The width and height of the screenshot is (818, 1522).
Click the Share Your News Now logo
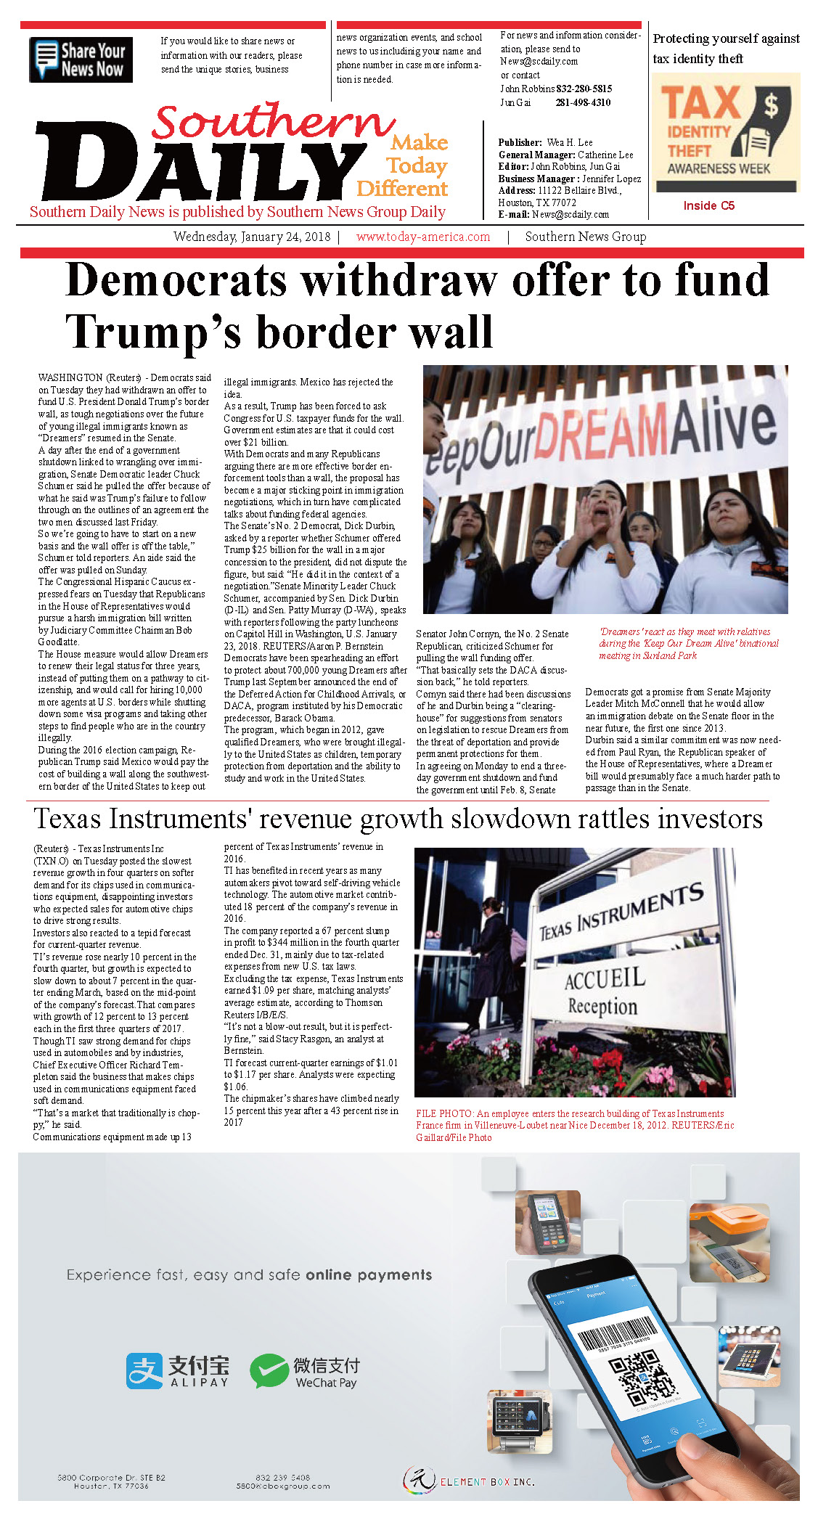pos(81,60)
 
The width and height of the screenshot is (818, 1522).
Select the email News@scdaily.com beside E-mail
pos(570,215)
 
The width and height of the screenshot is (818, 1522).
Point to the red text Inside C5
pos(708,206)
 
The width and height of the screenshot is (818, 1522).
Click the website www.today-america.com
pos(423,237)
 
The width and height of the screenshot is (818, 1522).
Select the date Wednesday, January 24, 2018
pos(252,237)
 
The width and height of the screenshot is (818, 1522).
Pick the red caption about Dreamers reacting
pos(688,644)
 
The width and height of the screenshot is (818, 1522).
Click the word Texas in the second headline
pos(68,819)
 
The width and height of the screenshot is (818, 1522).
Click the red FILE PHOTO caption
pos(575,1125)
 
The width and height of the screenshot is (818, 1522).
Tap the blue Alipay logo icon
pos(144,1371)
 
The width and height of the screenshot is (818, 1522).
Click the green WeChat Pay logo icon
pos(269,1371)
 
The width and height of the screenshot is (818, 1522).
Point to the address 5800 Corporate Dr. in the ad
pos(111,1478)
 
